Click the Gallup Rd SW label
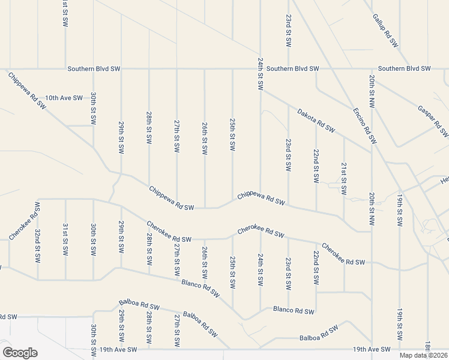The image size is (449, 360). (x=385, y=31)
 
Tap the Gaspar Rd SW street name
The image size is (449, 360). (x=433, y=121)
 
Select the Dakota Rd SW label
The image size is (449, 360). (x=315, y=119)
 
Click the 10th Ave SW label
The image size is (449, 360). (x=64, y=98)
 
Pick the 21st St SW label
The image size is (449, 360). (x=344, y=178)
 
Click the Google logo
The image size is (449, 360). (x=19, y=353)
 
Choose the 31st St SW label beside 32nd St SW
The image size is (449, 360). (x=65, y=239)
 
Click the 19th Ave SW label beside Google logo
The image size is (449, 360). (x=118, y=349)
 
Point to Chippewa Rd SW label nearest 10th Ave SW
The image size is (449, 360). (x=27, y=90)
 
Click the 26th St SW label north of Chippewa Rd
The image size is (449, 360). (x=205, y=139)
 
